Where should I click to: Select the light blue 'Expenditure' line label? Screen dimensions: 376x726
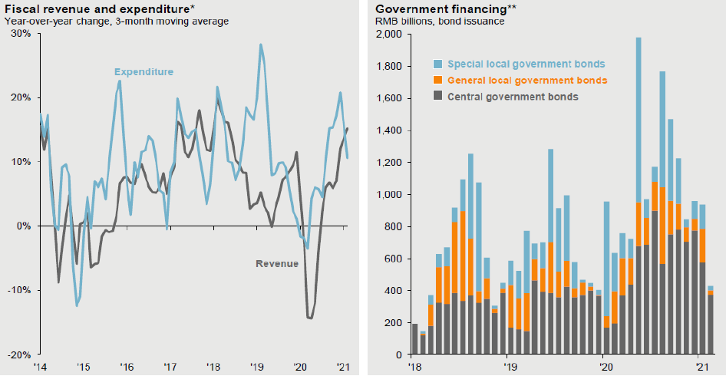pos(145,72)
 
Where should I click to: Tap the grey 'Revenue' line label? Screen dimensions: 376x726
pos(276,263)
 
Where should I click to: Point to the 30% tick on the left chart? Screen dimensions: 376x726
pos(20,34)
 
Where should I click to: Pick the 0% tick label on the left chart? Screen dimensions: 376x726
pos(23,226)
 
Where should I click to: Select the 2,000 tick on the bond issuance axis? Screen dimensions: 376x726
pos(390,34)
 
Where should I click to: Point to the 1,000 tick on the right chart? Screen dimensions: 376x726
pos(390,194)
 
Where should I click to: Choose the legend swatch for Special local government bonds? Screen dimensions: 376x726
pos(438,64)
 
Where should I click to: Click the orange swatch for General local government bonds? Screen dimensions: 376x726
pos(438,81)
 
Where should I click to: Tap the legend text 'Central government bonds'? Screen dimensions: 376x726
pos(513,97)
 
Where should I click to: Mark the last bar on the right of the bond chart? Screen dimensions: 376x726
pos(710,322)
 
